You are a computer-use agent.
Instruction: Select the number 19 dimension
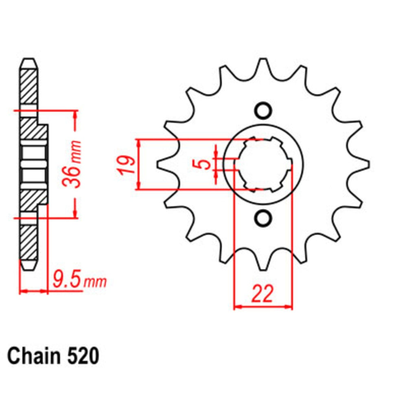coord(127,164)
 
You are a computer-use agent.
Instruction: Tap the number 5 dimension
coord(206,164)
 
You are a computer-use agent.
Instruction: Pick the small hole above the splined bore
coord(263,110)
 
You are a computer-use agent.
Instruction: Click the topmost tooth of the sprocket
coord(263,65)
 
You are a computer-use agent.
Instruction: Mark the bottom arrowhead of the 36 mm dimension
coord(75,214)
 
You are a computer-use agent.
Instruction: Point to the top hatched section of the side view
coord(29,86)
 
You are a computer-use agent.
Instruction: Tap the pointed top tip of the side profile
coord(29,61)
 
